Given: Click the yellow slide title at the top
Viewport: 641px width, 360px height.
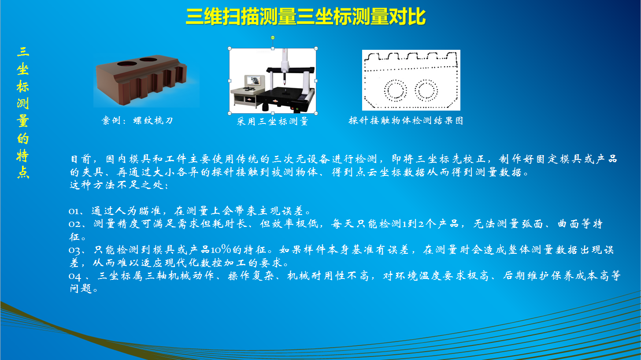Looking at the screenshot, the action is [x=306, y=17].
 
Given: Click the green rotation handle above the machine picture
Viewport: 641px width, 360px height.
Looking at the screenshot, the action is [x=273, y=38].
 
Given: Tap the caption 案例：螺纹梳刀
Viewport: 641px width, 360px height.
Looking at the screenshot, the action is [x=137, y=120].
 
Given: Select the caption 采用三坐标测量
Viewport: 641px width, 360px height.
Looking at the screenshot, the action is [x=272, y=121].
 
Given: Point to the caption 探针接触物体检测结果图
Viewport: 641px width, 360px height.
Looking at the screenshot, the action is [x=406, y=120].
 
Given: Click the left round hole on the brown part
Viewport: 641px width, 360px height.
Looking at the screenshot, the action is [x=127, y=63].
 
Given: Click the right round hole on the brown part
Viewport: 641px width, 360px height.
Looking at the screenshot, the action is [x=148, y=60].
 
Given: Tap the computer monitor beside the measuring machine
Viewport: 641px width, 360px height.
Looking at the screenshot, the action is [x=254, y=80].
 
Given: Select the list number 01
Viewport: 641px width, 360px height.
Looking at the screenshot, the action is [x=74, y=212].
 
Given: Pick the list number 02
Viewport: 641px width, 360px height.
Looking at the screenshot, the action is [x=74, y=224].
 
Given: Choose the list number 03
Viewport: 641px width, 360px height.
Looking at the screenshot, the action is [x=74, y=250].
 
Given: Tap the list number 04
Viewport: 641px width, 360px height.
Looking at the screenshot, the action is [x=75, y=276].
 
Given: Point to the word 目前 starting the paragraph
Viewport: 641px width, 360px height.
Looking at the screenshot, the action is [x=81, y=159].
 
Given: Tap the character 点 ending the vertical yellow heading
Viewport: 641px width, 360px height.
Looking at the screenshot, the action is [x=23, y=173].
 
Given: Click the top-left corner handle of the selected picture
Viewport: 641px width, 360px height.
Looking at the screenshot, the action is [x=230, y=48].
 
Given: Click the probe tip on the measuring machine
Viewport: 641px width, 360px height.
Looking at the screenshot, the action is [x=285, y=83].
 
